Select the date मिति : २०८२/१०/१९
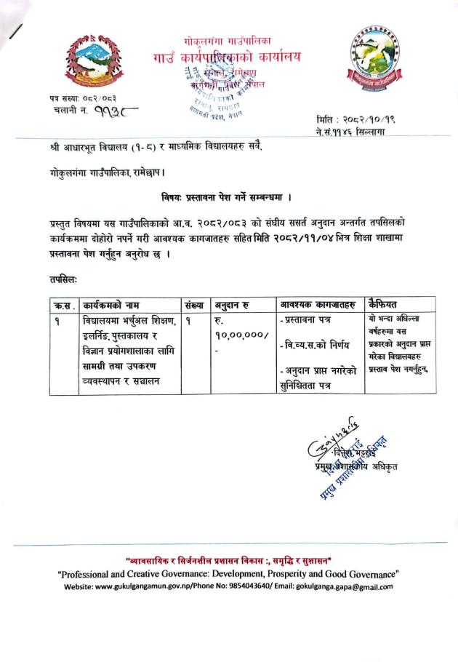(x=353, y=119)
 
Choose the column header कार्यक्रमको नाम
(x=112, y=304)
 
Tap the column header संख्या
(x=196, y=304)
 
